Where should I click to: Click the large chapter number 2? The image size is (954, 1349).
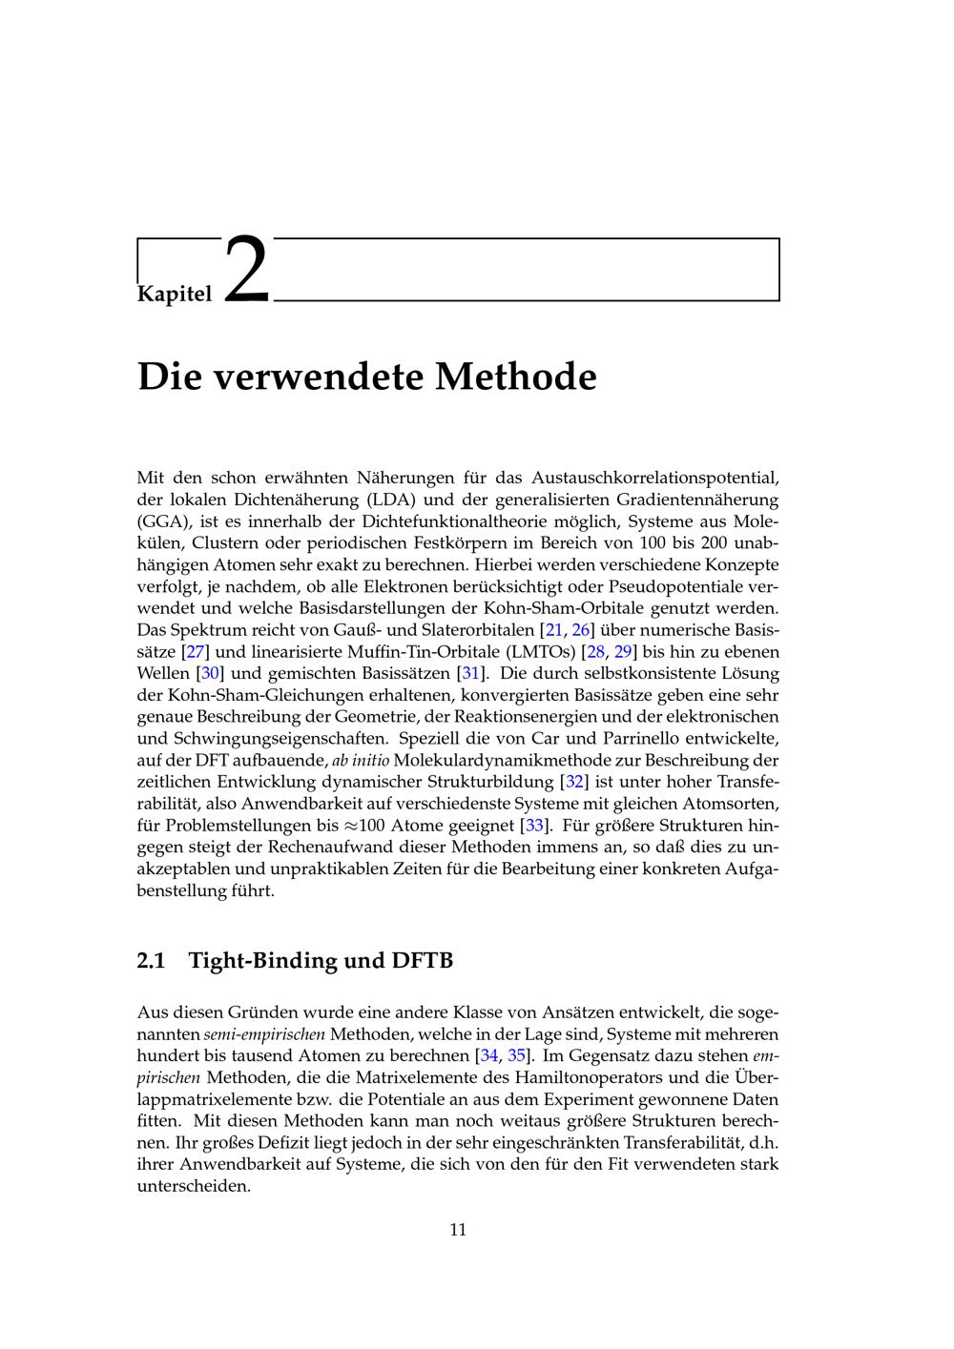point(247,271)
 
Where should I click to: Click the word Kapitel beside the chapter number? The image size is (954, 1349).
point(175,294)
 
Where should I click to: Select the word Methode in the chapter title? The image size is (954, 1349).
point(516,377)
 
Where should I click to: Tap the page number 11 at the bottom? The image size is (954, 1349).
point(458,1230)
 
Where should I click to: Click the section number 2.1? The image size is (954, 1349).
point(152,960)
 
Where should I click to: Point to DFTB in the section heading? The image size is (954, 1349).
point(423,960)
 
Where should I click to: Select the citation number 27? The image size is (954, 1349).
point(194,652)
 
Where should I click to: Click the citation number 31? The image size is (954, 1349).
point(469,674)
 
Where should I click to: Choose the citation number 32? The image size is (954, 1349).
point(575,782)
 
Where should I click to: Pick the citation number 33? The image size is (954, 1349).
point(535,825)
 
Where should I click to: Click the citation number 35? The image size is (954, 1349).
point(516,1055)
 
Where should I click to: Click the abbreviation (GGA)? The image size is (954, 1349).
point(165,521)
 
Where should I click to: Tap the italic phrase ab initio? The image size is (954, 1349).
point(360,761)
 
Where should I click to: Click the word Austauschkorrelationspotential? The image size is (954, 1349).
point(654,478)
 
